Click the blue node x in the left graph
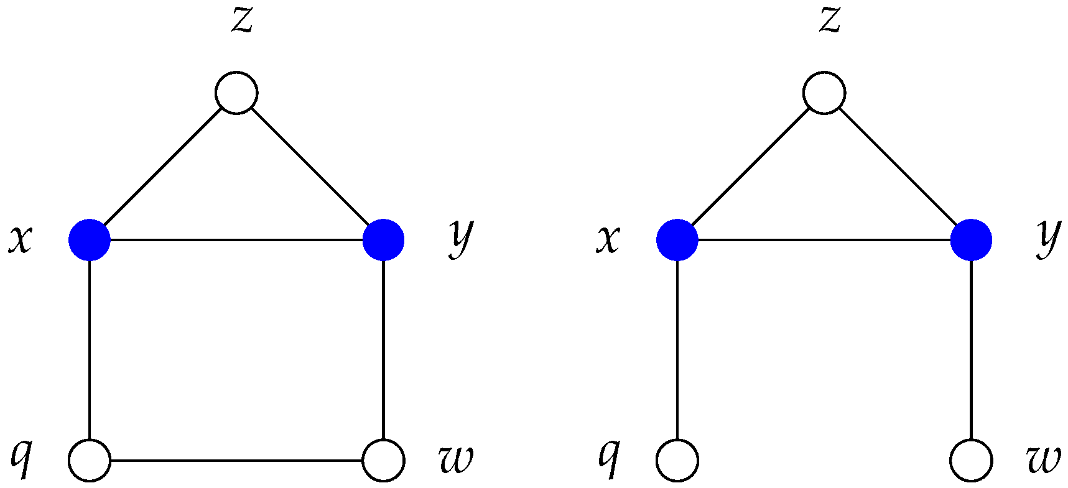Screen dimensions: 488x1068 point(90,239)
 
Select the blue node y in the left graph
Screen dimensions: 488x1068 point(384,239)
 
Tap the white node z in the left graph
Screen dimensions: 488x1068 point(236,93)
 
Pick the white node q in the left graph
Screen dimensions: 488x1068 point(90,461)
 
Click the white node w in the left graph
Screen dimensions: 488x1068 point(384,461)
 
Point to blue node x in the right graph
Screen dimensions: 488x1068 point(677,239)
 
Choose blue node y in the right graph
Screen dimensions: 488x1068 point(971,239)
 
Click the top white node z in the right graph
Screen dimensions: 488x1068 point(824,93)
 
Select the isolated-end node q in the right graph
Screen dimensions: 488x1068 point(677,461)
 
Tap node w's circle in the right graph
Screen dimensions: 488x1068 point(971,461)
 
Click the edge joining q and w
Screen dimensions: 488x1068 point(236,461)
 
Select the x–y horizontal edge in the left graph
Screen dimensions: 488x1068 point(236,239)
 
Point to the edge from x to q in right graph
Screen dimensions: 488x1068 point(677,348)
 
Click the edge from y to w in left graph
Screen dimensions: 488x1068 point(384,348)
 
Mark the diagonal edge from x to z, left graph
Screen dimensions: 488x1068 point(163,166)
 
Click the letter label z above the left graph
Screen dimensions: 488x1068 point(241,21)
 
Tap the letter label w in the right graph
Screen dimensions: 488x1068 point(1043,460)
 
